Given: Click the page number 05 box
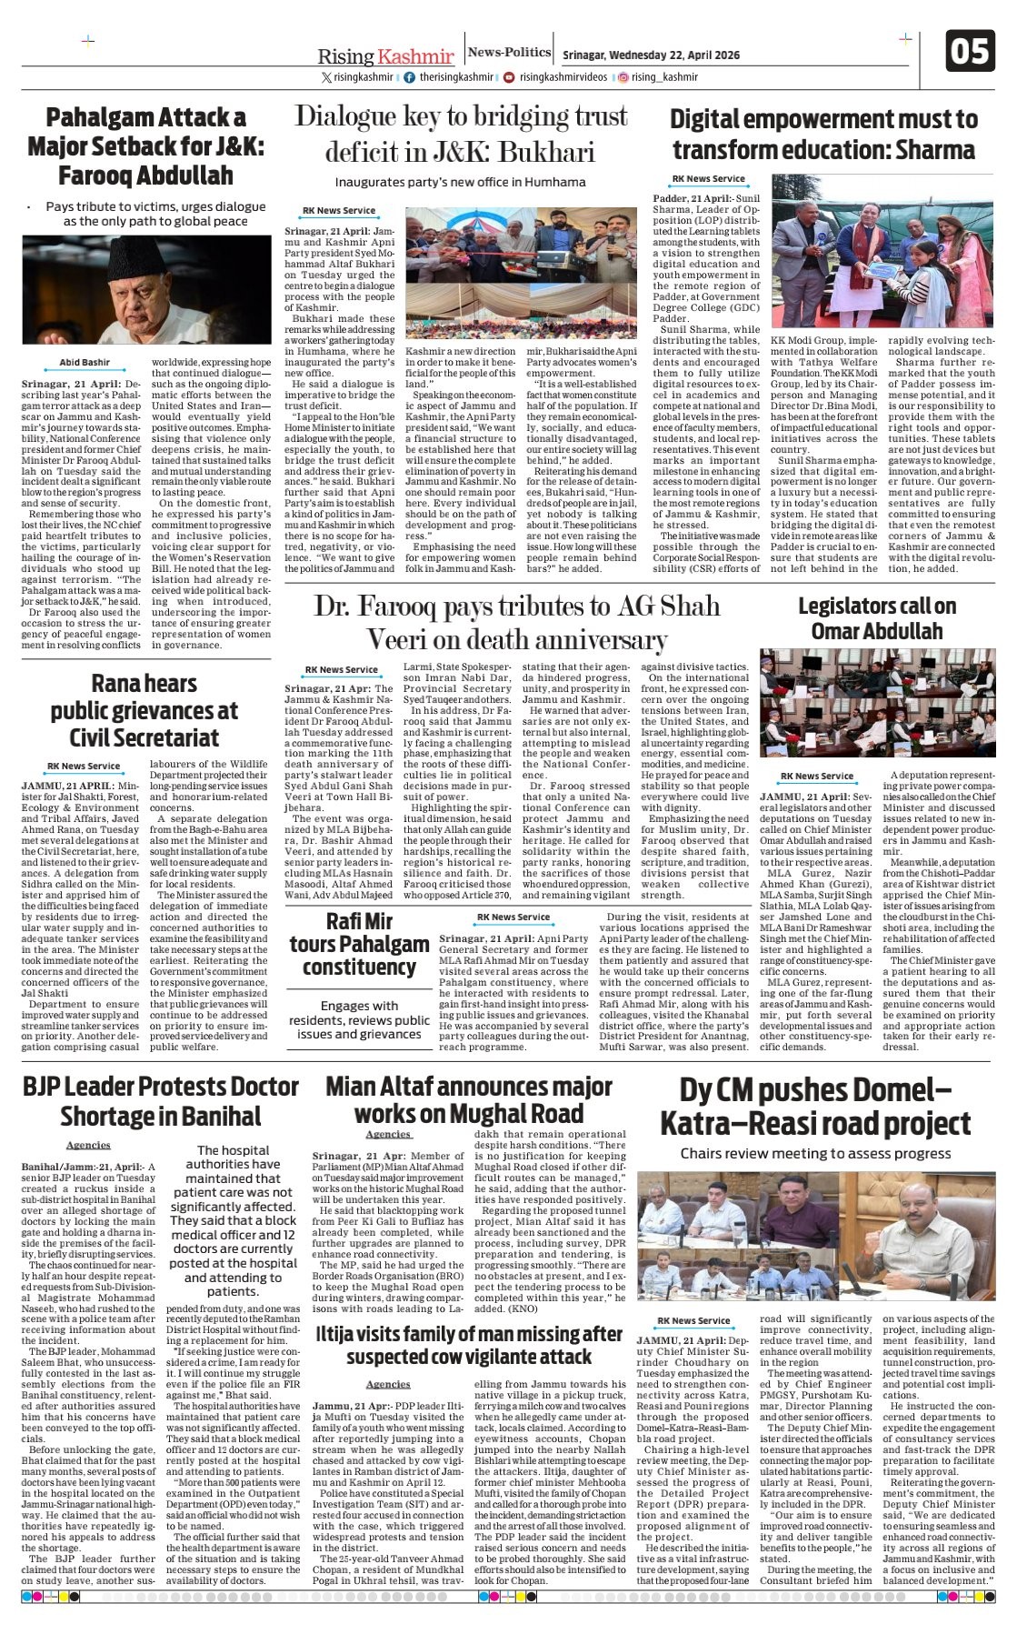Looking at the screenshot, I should [x=969, y=51].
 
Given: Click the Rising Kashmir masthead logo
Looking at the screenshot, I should [x=385, y=55].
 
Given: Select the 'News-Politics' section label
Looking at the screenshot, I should [x=509, y=53].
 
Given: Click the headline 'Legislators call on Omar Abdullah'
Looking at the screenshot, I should [x=876, y=618].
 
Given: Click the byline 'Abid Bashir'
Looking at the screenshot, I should [x=85, y=362].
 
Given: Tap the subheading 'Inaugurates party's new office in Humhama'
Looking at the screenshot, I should [x=460, y=182].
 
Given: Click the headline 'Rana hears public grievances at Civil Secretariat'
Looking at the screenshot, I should [x=144, y=710].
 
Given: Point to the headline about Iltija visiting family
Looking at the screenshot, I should [x=468, y=1345].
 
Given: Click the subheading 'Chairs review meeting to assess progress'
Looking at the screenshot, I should [x=815, y=1153].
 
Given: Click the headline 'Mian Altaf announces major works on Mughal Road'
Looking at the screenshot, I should [x=468, y=1099].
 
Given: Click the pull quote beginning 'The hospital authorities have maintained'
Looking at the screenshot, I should [x=234, y=1220].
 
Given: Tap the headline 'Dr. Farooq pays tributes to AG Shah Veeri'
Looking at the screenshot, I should [x=516, y=622].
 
